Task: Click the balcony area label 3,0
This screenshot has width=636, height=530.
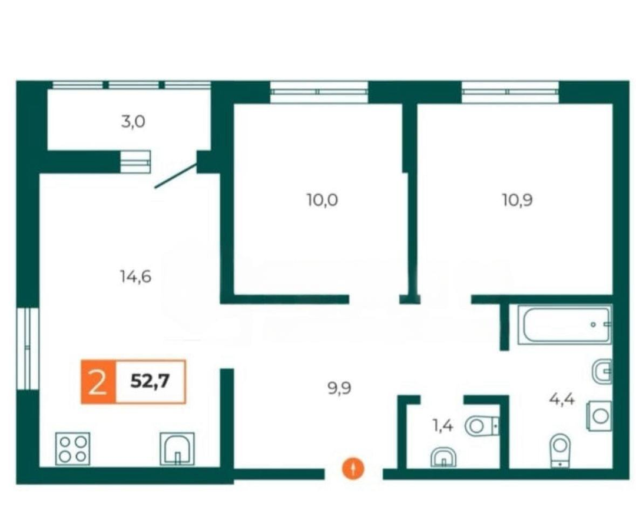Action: [133, 122]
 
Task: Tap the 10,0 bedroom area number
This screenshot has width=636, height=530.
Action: [323, 200]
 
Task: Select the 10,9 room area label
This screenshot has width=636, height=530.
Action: [517, 200]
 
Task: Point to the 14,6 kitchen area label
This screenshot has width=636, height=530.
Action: [135, 276]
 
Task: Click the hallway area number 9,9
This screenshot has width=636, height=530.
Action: [339, 389]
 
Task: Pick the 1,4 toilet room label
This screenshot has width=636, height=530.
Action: [442, 426]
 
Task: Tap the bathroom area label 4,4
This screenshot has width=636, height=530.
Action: [562, 399]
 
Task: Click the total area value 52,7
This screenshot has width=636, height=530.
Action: [150, 381]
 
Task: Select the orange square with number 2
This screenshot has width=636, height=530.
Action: [98, 382]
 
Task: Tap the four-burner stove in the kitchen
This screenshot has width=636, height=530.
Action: [72, 449]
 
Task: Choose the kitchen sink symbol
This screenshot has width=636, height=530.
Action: [177, 449]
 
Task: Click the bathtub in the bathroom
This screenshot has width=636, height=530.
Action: [565, 325]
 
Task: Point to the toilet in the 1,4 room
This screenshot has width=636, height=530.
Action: [482, 426]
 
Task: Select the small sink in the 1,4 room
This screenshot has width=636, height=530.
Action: [443, 457]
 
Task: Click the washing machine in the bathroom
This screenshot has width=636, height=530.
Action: [599, 416]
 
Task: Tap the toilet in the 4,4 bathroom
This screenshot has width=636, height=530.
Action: [560, 451]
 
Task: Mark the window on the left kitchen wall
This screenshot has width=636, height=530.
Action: [28, 348]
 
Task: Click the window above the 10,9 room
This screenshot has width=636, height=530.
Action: [510, 92]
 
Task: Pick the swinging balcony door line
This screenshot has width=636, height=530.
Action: [176, 176]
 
